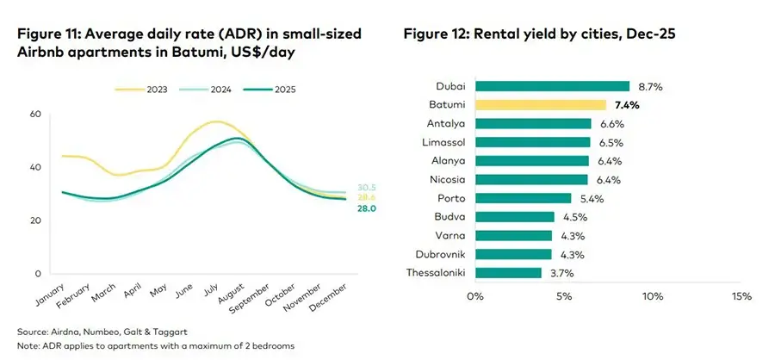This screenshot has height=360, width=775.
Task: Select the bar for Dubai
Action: coord(552,85)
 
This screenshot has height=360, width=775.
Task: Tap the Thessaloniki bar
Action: coord(508,273)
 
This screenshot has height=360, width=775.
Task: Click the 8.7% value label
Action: coord(651,86)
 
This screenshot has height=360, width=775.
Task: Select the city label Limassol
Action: coord(444,142)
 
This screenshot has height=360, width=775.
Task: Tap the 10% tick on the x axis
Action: coord(652,296)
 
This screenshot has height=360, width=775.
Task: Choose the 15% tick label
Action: coord(741,296)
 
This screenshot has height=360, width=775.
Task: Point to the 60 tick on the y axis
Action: coord(35,114)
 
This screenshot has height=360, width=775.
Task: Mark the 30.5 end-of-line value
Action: coord(343,187)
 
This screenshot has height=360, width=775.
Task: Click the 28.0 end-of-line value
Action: coord(343,208)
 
